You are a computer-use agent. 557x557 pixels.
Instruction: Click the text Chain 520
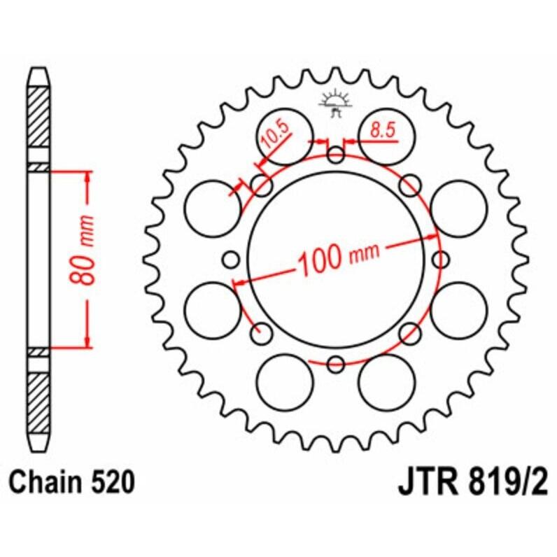point(71,483)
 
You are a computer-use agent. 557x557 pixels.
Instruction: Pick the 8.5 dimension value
point(381,129)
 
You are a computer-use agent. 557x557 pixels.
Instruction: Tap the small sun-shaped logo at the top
point(335,102)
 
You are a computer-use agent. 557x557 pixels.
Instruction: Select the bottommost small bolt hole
point(336,364)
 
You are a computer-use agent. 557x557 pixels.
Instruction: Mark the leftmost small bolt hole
point(232,260)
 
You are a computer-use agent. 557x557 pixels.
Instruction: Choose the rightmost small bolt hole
point(440,260)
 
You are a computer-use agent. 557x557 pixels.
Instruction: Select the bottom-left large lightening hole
point(285,382)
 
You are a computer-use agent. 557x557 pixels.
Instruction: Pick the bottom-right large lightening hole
point(386,382)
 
